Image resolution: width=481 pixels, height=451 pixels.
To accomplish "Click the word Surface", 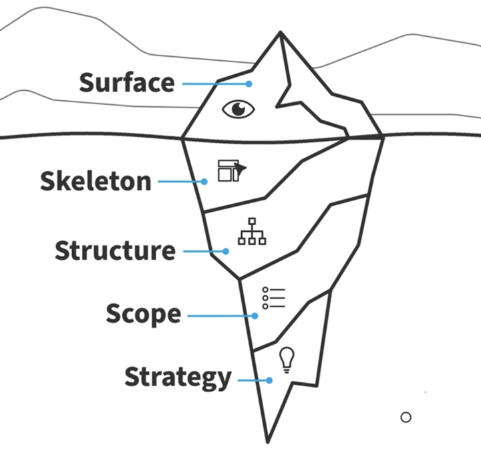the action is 127,83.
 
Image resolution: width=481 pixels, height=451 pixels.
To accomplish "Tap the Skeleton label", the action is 96,181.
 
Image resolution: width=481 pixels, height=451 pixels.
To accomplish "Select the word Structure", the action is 115,251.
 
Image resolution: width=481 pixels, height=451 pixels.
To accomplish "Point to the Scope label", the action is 143,314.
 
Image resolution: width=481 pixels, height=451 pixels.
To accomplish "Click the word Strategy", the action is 178,378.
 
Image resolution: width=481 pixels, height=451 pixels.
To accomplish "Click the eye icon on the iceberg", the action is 238,109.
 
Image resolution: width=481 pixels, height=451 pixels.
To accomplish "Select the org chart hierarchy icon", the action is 252,231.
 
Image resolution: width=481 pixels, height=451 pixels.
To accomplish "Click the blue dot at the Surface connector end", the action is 249,84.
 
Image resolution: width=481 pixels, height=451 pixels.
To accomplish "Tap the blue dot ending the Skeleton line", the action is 204,181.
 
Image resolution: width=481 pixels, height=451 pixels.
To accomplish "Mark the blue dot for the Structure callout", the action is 226,251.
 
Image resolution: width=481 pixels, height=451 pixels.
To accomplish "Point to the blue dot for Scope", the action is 255,315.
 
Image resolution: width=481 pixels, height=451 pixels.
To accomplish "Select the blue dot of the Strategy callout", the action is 269,380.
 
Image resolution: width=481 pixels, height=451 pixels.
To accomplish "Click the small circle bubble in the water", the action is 406,417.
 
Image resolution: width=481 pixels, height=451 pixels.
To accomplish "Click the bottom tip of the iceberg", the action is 267,442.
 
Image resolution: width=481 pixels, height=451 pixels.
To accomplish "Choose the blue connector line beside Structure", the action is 204,251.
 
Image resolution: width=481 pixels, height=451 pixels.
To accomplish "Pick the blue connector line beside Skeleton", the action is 180,181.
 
